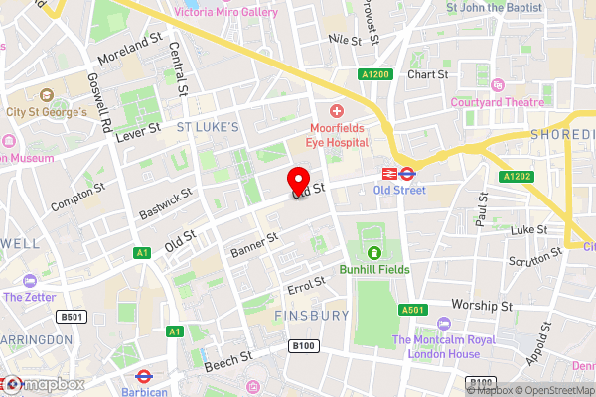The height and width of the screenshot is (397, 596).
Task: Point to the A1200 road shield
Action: (374, 74)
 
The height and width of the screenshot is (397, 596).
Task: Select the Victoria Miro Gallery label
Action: (224, 12)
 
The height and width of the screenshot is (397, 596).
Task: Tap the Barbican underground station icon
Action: (143, 377)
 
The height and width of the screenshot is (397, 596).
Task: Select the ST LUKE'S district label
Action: (208, 127)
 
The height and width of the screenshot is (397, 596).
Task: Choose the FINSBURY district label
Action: (311, 315)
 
